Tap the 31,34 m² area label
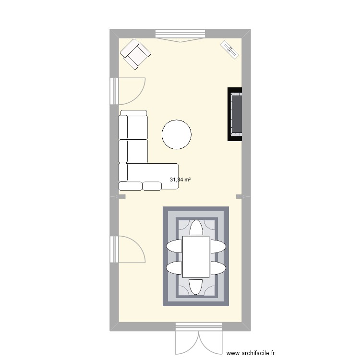[x=180, y=180]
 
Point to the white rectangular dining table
[x=195, y=257]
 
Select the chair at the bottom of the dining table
[x=195, y=287]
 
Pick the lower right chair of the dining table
[x=217, y=267]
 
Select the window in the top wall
[x=180, y=35]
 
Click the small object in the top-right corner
[x=229, y=49]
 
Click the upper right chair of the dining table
[x=217, y=247]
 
